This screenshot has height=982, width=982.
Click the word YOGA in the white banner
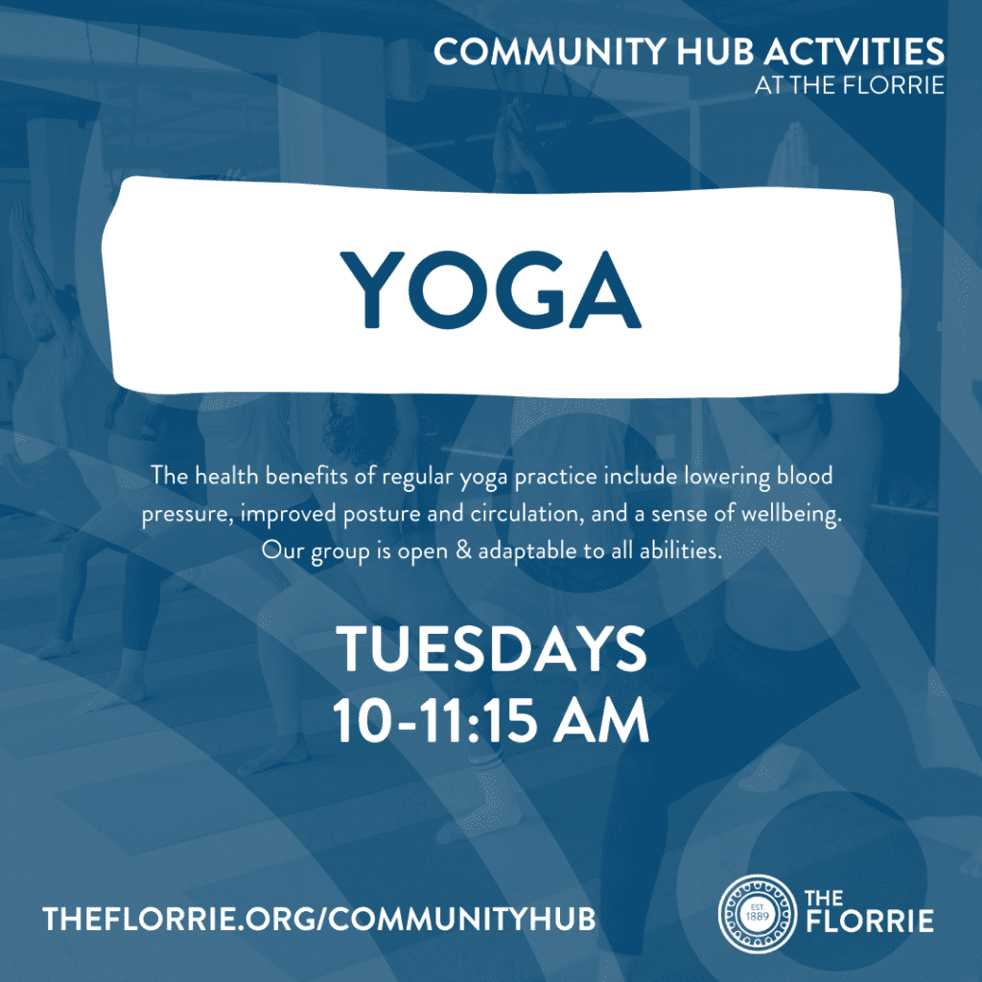point(490,290)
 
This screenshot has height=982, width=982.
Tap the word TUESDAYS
point(492,648)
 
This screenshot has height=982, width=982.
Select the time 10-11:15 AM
point(490,720)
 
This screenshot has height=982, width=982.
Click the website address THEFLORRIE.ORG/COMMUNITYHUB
point(318,920)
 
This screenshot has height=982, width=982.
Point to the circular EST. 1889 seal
point(758,913)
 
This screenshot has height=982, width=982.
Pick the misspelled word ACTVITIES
point(854,52)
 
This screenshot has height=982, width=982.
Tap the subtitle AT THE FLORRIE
point(850,85)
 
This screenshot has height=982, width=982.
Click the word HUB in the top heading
point(714,52)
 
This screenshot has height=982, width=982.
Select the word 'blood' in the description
point(805,476)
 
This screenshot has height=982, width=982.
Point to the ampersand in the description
point(463,550)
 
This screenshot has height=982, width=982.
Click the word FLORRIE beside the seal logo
point(870,922)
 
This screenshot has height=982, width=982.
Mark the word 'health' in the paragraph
point(226,476)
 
